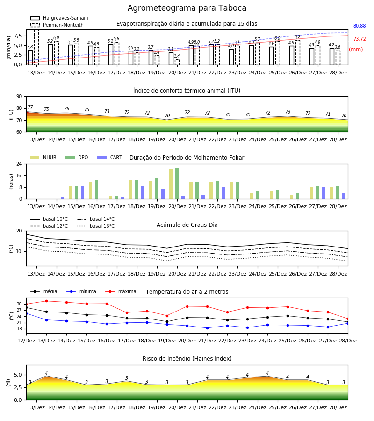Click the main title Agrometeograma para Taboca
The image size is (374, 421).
[187, 8]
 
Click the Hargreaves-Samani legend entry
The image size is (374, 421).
[59, 18]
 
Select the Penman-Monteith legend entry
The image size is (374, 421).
[57, 25]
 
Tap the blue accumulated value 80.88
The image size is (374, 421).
[360, 26]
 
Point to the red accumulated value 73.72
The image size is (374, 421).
[360, 39]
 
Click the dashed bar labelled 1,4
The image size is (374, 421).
[177, 62]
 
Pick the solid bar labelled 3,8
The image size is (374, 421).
[30, 58]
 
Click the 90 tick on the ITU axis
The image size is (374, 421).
[19, 97]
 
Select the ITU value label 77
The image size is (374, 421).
[30, 107]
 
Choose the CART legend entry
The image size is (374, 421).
[110, 157]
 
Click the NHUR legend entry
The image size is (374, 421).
[43, 157]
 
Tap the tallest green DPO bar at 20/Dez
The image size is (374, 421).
[177, 183]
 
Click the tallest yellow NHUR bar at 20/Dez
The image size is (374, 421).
[171, 184]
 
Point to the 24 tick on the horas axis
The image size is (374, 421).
[19, 164]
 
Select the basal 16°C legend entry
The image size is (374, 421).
[96, 226]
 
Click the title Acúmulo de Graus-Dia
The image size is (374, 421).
[187, 225]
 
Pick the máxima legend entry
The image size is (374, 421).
[121, 291]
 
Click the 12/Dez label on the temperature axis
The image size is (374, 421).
[26, 341]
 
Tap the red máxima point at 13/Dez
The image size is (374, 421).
[46, 301]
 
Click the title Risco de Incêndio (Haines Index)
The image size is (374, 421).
[187, 359]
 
